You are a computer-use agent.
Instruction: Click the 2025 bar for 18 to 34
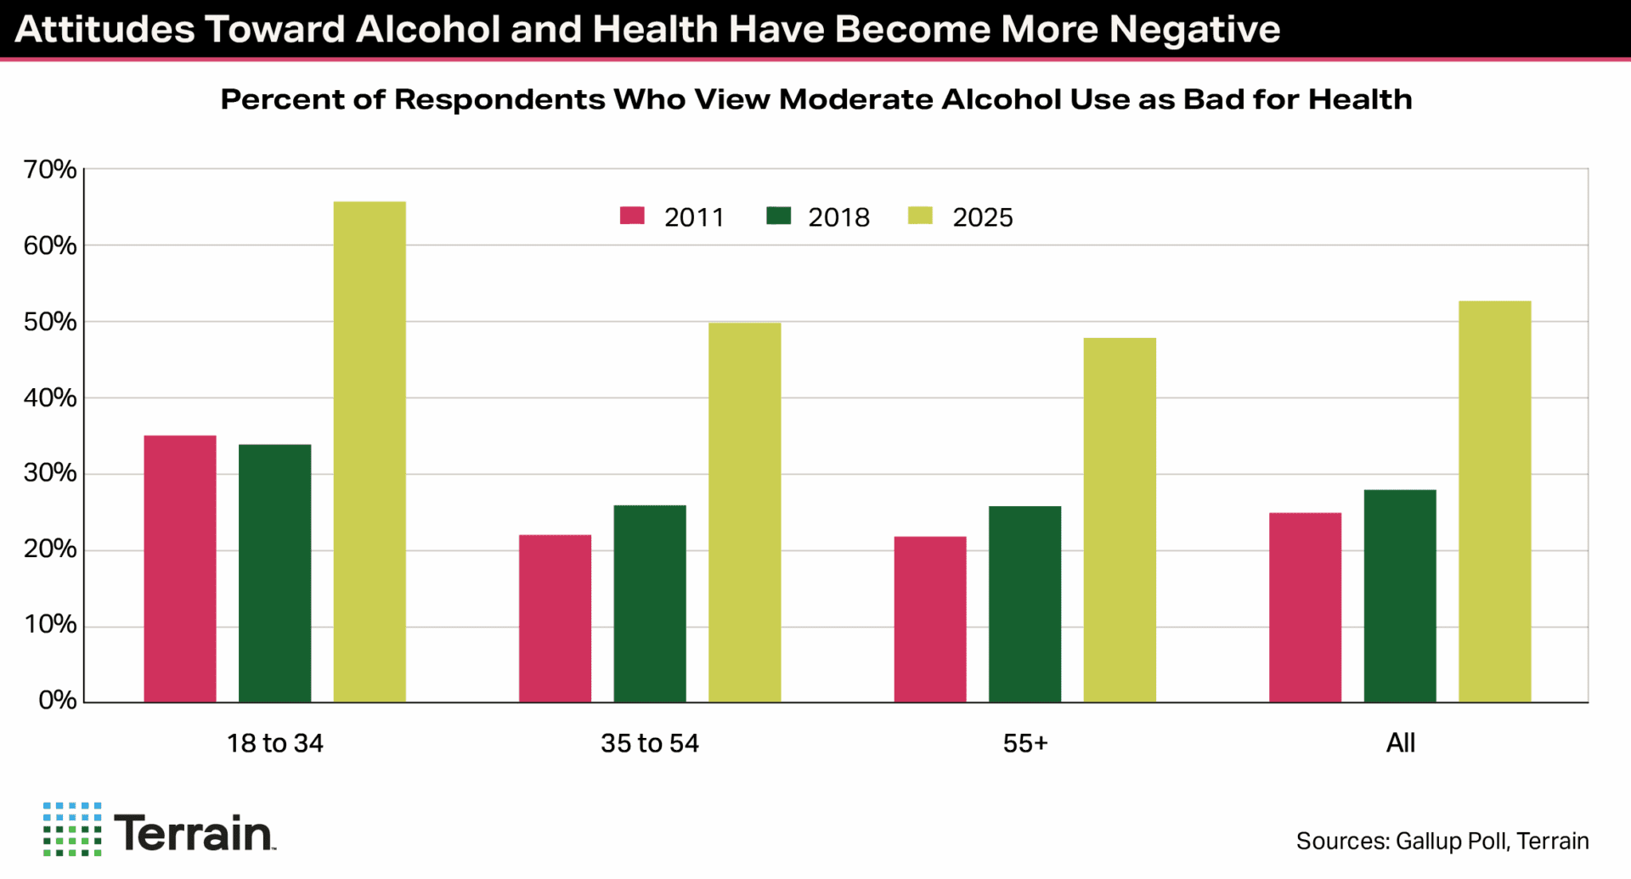point(370,452)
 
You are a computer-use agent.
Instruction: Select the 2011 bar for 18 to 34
point(180,569)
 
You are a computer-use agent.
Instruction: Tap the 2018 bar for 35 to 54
point(650,604)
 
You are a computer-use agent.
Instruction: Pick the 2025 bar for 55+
point(1120,520)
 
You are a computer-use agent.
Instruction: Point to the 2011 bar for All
point(1305,607)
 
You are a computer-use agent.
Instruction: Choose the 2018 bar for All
point(1400,596)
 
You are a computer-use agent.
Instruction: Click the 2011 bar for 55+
point(930,619)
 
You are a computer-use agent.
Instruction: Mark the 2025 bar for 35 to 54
point(745,512)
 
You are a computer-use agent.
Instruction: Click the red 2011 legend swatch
point(632,216)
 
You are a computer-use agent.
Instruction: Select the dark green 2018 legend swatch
point(778,216)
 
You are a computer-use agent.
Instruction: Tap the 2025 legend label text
point(983,217)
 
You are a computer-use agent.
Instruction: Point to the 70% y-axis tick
point(50,170)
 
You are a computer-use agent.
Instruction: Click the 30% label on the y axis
point(50,473)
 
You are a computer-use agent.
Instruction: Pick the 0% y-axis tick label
point(57,701)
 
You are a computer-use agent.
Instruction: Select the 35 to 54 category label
point(650,743)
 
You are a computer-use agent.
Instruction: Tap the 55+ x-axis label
point(1025,743)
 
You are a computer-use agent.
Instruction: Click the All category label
point(1400,743)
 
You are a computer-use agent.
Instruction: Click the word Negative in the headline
point(1194,29)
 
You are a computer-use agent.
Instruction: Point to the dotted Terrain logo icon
point(72,829)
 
